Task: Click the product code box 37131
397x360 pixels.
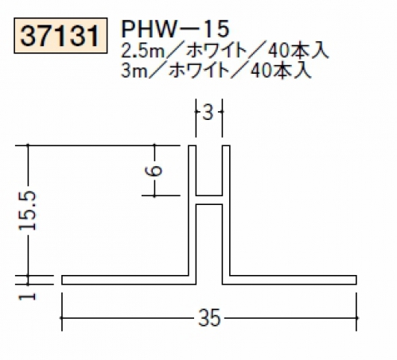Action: click(x=60, y=36)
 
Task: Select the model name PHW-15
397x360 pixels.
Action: click(x=175, y=29)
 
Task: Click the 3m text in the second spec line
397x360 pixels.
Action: click(x=134, y=71)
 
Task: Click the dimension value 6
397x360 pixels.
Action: click(x=154, y=171)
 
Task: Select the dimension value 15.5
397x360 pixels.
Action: click(x=28, y=211)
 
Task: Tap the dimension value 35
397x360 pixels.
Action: click(x=209, y=318)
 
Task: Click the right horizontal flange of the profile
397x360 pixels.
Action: click(x=290, y=280)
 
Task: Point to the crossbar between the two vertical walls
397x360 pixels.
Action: click(x=209, y=200)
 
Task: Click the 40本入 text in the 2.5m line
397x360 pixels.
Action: click(x=298, y=51)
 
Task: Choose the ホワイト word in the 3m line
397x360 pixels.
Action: click(x=199, y=71)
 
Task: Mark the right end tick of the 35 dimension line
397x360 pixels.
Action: click(x=356, y=318)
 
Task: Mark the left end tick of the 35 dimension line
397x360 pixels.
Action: click(x=62, y=318)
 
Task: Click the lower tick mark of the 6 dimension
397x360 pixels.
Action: click(x=155, y=195)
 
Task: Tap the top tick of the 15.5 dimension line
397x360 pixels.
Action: click(x=28, y=145)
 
